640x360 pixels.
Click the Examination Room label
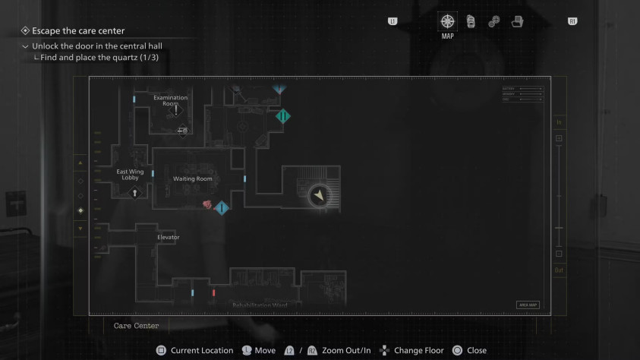point(170,100)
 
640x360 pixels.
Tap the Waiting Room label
point(192,178)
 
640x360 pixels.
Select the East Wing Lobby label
point(130,175)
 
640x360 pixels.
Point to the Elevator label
point(168,237)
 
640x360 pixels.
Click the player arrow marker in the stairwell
point(320,196)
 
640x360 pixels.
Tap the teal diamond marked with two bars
point(282,116)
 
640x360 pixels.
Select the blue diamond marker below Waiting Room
point(221,207)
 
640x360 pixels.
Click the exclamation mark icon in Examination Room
point(176,110)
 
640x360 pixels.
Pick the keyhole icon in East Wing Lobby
point(134,193)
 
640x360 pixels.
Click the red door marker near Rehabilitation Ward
point(214,292)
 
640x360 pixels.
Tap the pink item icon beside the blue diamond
point(207,204)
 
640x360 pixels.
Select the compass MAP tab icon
point(447,21)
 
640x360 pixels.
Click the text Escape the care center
point(78,31)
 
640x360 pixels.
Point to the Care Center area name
point(136,326)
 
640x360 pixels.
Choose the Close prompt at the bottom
point(476,350)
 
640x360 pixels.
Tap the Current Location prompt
point(201,350)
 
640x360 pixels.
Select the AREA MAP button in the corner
point(527,305)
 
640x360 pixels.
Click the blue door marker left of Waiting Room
point(153,174)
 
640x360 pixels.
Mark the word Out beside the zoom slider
point(559,270)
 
